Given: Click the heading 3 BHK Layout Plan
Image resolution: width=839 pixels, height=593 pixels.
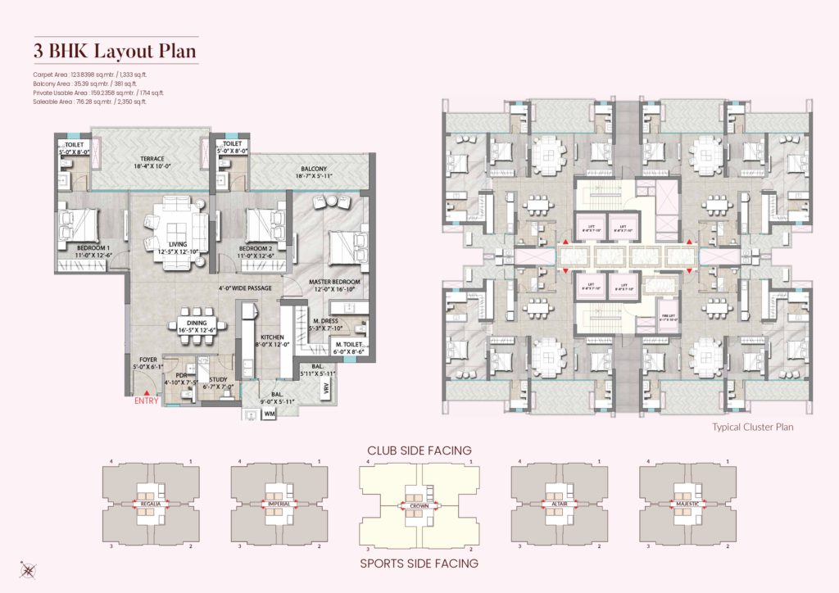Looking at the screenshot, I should [x=115, y=51].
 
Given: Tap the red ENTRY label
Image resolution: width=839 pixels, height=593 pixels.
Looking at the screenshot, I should [x=147, y=401].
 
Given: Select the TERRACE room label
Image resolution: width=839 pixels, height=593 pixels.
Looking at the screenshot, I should [x=152, y=159].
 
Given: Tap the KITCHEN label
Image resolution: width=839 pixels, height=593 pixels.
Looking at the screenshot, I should [x=272, y=337].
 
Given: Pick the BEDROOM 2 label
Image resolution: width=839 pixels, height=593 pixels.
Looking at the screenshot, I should [x=255, y=247].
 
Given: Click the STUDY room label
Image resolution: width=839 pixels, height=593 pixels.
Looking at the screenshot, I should [x=218, y=379].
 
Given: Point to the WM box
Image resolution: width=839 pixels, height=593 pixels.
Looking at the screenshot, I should [x=270, y=414].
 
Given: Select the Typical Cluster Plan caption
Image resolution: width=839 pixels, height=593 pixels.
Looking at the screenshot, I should [x=752, y=427].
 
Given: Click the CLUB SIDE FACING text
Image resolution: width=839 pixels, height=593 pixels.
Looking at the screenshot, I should [x=419, y=450].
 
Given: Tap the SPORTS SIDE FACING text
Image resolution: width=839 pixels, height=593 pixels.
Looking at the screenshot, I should [x=419, y=564].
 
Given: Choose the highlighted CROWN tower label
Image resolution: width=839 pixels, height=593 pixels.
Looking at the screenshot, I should [x=419, y=507].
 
